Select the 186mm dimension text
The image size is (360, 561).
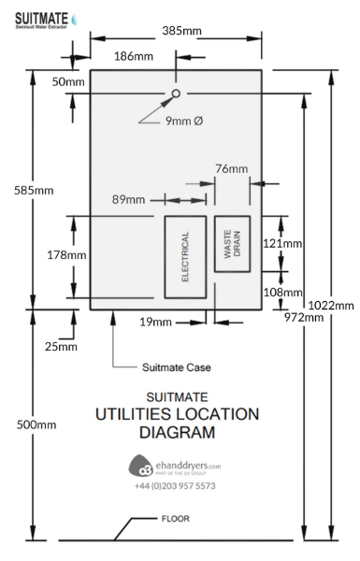133,57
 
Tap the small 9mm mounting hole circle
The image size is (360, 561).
175,94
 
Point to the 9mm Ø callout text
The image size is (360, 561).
183,122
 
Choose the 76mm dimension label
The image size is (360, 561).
232,169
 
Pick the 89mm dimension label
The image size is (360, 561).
128,199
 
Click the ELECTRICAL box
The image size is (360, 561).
185,257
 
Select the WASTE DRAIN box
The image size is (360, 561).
233,243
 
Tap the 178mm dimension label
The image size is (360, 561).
41,254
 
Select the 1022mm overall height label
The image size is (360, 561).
332,305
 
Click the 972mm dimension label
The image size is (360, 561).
305,317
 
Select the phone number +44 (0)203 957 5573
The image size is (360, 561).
175,486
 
